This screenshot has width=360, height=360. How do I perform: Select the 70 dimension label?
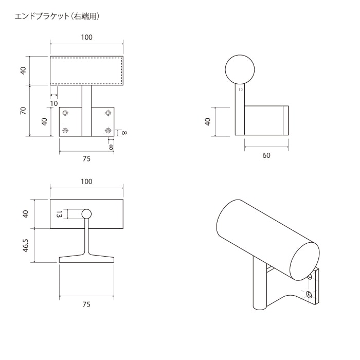[23, 111]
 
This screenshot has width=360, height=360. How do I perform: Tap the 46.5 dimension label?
[23, 245]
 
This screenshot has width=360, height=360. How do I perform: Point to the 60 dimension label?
[266, 156]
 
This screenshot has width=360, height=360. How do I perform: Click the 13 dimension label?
[59, 214]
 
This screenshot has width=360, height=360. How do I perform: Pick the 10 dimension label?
[54, 103]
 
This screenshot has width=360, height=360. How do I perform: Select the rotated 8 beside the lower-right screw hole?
[123, 133]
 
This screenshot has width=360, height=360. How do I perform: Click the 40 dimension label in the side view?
[208, 121]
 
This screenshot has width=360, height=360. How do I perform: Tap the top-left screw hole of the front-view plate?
[65, 113]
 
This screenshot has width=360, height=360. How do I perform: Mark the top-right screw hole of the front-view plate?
[108, 113]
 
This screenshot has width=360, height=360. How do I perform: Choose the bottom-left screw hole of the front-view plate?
[65, 131]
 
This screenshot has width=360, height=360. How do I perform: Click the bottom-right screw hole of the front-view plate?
[108, 131]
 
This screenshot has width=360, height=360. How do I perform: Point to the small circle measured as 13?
[86, 214]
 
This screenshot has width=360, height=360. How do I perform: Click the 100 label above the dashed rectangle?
[86, 37]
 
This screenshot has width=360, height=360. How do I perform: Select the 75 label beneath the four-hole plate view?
[86, 159]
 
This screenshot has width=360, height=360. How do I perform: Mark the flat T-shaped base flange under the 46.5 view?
[86, 259]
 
